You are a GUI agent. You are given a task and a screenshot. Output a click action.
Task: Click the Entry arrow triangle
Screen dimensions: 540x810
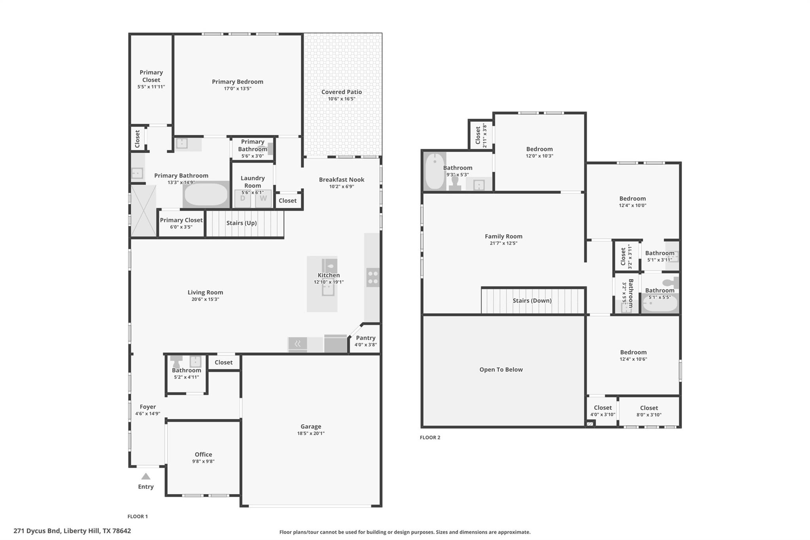146,476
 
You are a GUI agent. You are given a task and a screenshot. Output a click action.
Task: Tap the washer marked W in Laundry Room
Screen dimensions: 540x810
263,199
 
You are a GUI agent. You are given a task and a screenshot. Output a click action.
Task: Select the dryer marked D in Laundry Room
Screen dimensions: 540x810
242,199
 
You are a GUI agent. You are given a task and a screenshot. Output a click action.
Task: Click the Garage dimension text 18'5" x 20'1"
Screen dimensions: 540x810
311,433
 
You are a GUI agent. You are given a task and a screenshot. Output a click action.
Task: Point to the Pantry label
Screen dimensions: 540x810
365,338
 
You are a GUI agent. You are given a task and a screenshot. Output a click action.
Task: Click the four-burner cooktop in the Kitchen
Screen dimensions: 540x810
373,277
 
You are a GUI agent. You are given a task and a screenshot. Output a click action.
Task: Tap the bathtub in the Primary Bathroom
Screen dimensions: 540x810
206,195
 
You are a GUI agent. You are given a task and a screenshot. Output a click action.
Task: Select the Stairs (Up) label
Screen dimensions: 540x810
241,223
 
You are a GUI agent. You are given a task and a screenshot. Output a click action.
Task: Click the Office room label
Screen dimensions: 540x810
203,455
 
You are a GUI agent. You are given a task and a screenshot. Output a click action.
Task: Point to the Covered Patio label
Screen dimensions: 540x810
341,92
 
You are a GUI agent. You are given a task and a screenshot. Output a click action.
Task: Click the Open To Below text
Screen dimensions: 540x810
501,369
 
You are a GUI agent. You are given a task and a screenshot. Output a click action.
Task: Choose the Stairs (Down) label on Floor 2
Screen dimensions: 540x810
532,301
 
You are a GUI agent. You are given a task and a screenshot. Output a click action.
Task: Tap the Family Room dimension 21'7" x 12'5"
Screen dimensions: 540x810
503,243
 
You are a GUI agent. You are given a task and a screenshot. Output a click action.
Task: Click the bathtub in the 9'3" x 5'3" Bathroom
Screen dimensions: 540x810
435,172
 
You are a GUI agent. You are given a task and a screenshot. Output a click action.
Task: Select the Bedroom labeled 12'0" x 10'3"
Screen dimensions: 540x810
539,149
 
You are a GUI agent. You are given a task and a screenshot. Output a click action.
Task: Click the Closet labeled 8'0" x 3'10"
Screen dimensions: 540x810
649,408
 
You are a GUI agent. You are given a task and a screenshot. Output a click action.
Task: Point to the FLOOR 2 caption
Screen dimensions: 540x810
430,438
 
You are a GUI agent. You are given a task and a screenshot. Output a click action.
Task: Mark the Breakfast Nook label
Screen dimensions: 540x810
341,180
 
